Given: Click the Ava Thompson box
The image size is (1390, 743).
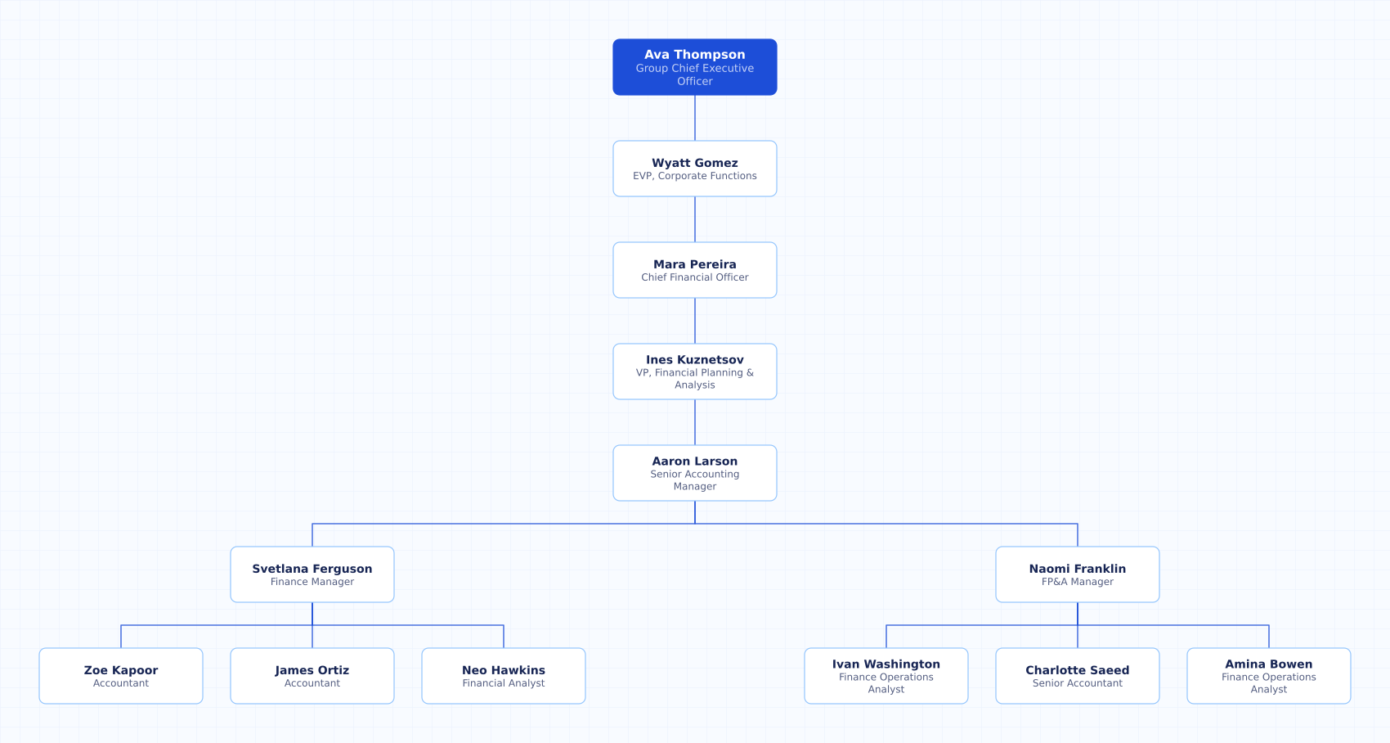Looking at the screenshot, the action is click(x=694, y=67).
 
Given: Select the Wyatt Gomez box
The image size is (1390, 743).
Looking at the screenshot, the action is click(x=694, y=169).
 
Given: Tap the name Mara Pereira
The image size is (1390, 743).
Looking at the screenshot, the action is click(x=694, y=264).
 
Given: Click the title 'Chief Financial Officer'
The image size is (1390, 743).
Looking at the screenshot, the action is click(x=694, y=277).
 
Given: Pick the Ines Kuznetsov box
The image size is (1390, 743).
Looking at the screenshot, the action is click(x=694, y=371).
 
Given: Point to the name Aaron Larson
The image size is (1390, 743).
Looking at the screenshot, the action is click(x=694, y=461).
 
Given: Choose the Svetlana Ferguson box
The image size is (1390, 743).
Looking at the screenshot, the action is click(x=312, y=574).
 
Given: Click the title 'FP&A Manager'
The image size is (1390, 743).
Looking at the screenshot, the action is click(x=1078, y=582).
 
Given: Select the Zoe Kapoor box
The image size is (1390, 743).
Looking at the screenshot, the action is click(x=121, y=676).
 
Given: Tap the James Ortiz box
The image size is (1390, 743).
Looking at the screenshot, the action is click(x=312, y=676).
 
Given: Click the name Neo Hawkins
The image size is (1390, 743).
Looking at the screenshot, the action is click(x=503, y=669).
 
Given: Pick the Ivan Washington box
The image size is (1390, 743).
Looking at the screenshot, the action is click(x=886, y=676).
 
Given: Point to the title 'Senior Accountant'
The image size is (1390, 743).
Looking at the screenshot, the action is click(x=1078, y=682).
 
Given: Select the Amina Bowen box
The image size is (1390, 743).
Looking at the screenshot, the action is click(x=1268, y=676).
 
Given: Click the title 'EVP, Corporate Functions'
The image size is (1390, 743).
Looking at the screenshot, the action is click(x=694, y=176).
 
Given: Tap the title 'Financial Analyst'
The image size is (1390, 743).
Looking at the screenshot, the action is click(x=503, y=682).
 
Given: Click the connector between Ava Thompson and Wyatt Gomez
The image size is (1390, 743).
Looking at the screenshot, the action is click(x=694, y=118).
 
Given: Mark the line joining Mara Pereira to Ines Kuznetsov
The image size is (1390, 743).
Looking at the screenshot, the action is click(x=694, y=321).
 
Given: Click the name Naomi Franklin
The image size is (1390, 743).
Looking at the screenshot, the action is click(x=1078, y=569).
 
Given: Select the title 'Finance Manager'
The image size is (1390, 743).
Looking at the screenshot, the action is click(x=312, y=582).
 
